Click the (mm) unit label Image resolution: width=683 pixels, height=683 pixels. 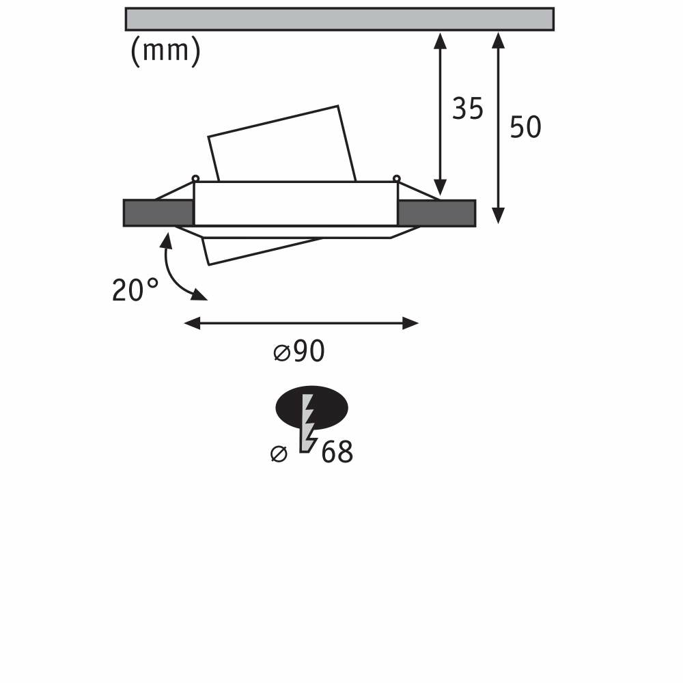[165, 51]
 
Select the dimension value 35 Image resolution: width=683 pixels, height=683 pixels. [468, 109]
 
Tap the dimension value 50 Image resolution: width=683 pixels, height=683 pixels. [525, 127]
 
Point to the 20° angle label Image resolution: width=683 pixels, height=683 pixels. [135, 290]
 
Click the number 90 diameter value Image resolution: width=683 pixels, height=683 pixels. [309, 351]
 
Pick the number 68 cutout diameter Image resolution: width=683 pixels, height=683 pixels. [337, 452]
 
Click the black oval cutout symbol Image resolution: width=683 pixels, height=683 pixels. [312, 408]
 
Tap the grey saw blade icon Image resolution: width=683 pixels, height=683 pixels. [308, 423]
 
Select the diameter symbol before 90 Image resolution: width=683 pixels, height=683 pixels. [281, 353]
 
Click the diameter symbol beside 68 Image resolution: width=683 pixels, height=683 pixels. [279, 454]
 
